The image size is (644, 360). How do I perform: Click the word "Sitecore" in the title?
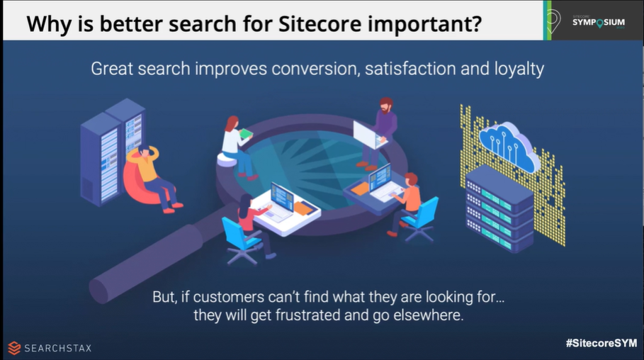pos(320,23)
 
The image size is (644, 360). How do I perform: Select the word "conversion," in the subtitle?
pos(315,69)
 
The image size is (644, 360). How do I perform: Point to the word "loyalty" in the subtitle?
pos(519,69)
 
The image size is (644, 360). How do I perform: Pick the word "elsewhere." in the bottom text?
pos(429,315)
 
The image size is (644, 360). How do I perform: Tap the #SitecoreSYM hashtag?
pos(601,343)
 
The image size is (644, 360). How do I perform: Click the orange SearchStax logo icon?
pos(14,348)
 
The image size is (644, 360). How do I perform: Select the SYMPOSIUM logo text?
pos(599,22)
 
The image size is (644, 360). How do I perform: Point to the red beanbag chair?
pos(142,184)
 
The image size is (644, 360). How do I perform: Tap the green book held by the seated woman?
pos(246,133)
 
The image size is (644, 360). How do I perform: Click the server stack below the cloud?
pos(499,208)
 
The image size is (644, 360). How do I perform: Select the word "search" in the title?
pos(203,24)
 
